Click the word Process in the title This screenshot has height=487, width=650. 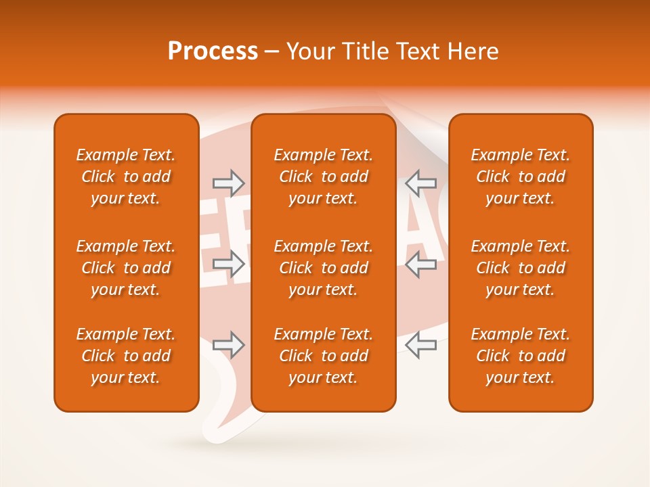[x=213, y=51]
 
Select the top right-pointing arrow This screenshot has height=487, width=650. [x=228, y=183]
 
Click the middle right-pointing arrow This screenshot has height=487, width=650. [x=228, y=264]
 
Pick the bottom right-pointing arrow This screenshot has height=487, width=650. [x=228, y=345]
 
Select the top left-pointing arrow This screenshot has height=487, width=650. [x=420, y=183]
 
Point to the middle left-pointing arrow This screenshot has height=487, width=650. [x=420, y=264]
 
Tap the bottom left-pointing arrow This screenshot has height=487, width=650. [x=420, y=345]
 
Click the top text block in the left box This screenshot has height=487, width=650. [x=126, y=177]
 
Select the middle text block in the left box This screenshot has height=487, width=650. [x=126, y=268]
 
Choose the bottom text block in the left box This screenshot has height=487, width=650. [x=126, y=356]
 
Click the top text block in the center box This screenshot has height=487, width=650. [x=324, y=177]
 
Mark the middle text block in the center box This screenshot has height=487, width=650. [x=324, y=268]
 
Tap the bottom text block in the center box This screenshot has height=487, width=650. [x=324, y=356]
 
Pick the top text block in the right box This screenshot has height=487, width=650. [x=521, y=177]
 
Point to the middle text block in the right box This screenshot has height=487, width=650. [x=521, y=268]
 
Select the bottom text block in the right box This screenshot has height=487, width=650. [x=521, y=356]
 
